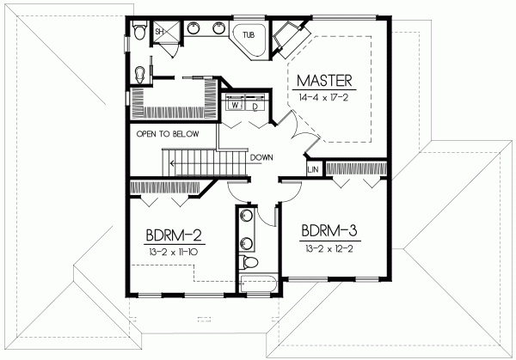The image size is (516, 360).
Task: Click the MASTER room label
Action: (x=325, y=82)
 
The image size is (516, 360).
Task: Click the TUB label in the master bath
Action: (x=249, y=35)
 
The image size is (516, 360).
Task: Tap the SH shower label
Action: (x=159, y=32)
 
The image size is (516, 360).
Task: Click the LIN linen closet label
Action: (x=314, y=170)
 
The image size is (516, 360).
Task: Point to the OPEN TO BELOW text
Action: (x=168, y=135)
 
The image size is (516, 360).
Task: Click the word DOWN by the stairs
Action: (x=262, y=157)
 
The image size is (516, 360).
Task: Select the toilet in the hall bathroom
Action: (x=250, y=260)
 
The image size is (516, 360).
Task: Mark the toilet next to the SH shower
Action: (x=140, y=34)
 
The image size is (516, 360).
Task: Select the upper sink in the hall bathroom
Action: (x=247, y=216)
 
